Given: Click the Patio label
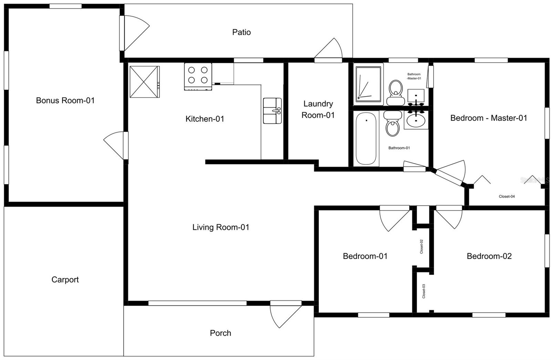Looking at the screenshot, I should (x=241, y=32).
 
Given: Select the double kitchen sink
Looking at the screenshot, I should (x=272, y=111).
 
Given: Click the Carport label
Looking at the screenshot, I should (x=65, y=279).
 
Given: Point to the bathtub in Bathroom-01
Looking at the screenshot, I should (x=366, y=138).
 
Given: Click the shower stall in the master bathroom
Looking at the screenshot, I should (x=369, y=84).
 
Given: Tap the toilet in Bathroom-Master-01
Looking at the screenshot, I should (x=395, y=92).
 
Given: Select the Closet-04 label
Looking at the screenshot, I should (x=507, y=196).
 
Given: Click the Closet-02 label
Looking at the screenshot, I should (x=422, y=247).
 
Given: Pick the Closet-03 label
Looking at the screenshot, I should (x=424, y=291).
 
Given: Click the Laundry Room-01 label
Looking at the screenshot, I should (x=318, y=109).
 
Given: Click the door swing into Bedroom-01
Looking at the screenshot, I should (x=394, y=218).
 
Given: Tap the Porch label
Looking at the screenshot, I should (x=220, y=333).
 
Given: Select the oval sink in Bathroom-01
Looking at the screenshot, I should (x=416, y=121).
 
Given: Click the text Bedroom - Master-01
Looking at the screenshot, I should (x=488, y=118).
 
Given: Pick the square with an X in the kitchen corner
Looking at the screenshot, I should (x=144, y=82).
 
